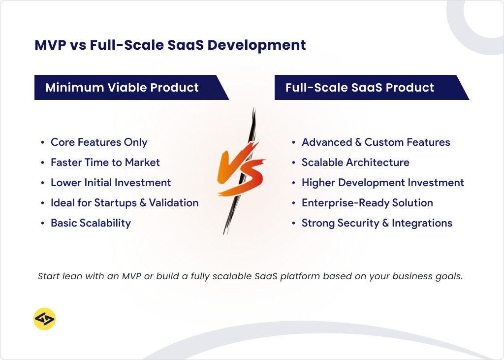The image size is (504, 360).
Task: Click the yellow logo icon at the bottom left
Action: pyautogui.click(x=44, y=319)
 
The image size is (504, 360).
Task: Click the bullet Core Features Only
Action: pyautogui.click(x=99, y=142)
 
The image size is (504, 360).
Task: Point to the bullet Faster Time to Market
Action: pyautogui.click(x=105, y=163)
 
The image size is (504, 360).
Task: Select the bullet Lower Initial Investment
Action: pyautogui.click(x=111, y=183)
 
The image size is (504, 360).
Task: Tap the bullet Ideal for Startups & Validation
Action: pyautogui.click(x=125, y=203)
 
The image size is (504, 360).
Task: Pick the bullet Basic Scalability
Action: pyautogui.click(x=91, y=223)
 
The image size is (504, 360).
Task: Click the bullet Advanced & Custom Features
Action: pyautogui.click(x=376, y=142)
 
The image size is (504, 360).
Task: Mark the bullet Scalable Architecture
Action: pyautogui.click(x=355, y=163)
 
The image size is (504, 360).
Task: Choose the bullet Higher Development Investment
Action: pyautogui.click(x=382, y=183)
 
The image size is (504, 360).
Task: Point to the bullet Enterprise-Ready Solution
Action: pyautogui.click(x=367, y=203)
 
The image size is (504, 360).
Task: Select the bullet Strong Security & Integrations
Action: pyautogui.click(x=377, y=223)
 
